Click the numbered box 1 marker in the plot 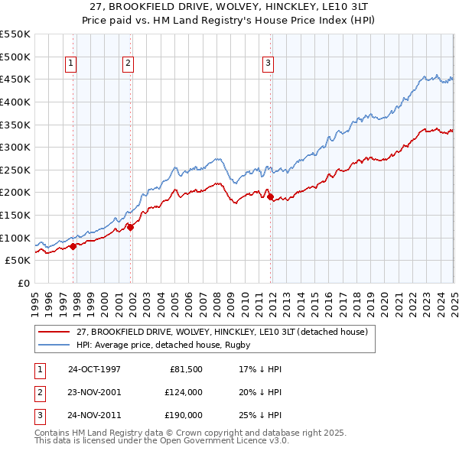[x=70, y=64]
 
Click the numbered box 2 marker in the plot [x=128, y=64]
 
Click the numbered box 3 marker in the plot [x=269, y=64]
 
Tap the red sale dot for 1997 [x=73, y=246]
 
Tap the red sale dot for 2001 [x=131, y=226]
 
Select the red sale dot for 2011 [x=271, y=197]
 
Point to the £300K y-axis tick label [x=15, y=147]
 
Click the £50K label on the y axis [x=18, y=260]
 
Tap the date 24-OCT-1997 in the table [x=94, y=368]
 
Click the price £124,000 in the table [x=184, y=392]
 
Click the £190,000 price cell [x=184, y=416]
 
